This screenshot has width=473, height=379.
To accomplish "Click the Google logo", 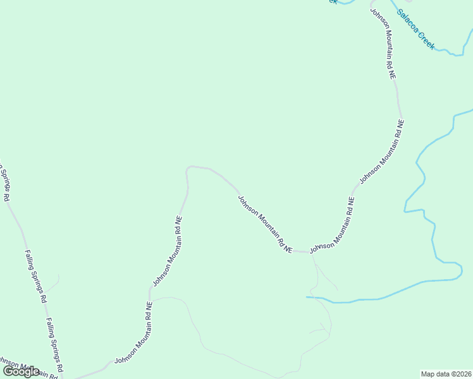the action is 21,371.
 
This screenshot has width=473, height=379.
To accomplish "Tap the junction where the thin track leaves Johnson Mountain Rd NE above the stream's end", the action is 312,253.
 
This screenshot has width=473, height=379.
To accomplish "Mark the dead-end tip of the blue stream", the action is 307,296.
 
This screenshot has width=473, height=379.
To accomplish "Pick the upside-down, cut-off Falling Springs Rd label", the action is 3,183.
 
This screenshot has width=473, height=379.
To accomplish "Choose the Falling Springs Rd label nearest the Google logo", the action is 54,344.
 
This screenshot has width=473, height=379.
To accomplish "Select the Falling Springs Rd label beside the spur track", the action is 35,275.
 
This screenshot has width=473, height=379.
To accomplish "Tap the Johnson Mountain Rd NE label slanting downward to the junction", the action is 264,224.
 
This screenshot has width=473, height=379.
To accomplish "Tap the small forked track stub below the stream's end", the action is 322,328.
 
